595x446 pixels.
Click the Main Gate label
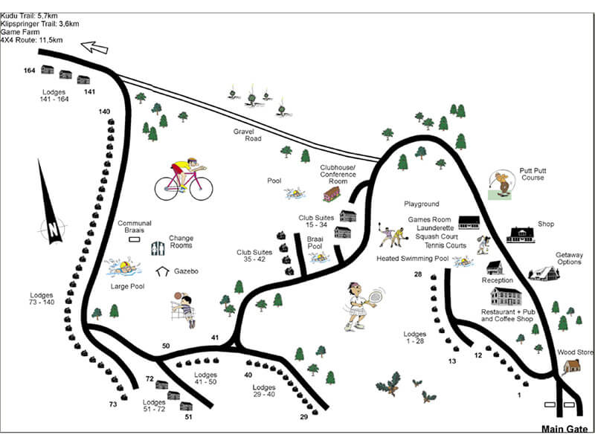pos(565,429)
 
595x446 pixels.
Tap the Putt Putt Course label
pos(533,174)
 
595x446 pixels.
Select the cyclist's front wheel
pos(201,189)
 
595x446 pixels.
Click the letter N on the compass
pos(53,229)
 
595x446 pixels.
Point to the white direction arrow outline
pos(94,48)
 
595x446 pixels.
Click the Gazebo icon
pos(162,271)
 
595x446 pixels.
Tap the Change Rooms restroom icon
pos(158,248)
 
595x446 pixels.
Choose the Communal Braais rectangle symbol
pos(135,239)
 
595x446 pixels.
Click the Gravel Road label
pos(248,135)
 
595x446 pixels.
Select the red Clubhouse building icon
pos(332,194)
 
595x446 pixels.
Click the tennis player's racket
pos(376,296)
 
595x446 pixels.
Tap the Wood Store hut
pos(571,366)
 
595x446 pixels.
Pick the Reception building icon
pos(495,268)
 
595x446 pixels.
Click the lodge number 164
pos(29,71)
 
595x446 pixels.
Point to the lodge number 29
pos(304,417)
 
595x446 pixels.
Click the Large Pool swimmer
pos(123,266)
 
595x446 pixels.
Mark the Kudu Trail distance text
pos(29,16)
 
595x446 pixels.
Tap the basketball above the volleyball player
pos(177,295)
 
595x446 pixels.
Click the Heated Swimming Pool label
pos(413,259)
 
